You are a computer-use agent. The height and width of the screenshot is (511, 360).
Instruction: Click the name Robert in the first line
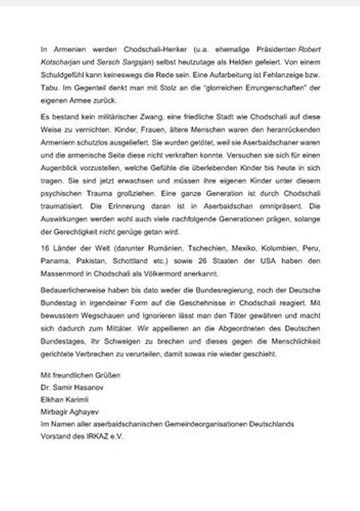click(310, 50)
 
